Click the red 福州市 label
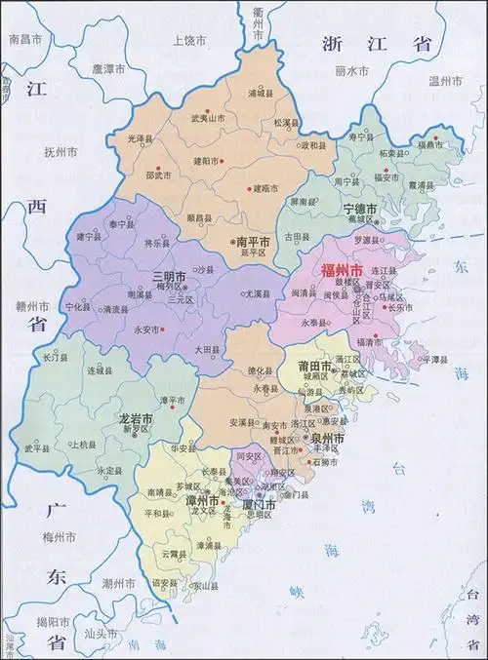coord(344,267)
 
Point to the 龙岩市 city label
coord(136,417)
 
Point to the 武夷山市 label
coord(208,118)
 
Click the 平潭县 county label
coord(437,359)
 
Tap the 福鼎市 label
coord(432,143)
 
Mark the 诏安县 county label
coord(164,583)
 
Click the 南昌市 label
coord(24,39)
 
